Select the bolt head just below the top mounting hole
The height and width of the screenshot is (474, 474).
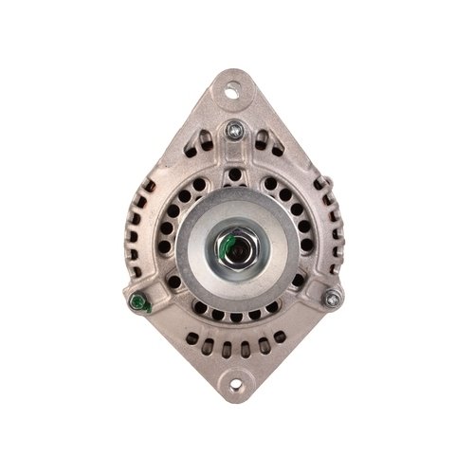coord(232,132)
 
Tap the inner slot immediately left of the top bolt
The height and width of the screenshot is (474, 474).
coord(210,152)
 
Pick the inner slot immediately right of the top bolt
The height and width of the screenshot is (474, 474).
coord(256,152)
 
